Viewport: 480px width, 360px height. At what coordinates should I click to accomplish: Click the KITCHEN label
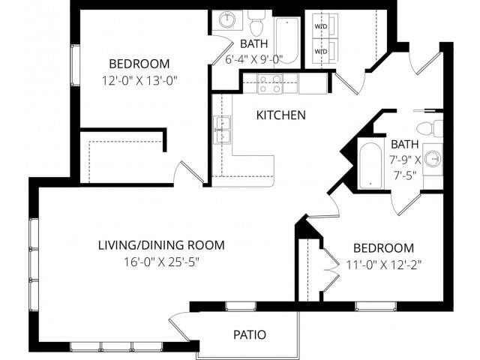coord(281,115)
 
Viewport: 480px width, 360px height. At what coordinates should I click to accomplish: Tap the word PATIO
coord(249,334)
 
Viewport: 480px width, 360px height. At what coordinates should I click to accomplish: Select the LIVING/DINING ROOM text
coord(161,245)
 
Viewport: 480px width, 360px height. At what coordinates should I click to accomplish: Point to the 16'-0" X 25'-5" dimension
coord(161,262)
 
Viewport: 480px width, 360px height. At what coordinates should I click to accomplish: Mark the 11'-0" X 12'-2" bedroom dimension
coord(383,264)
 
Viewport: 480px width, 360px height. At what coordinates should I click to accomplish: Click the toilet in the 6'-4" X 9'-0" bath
coord(257,24)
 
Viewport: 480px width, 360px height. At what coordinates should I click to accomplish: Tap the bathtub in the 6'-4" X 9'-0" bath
coord(286,40)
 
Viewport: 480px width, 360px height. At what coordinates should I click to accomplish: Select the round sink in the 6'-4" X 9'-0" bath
coord(228,19)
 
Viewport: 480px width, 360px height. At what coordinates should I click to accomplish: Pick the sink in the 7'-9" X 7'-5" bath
coord(432,159)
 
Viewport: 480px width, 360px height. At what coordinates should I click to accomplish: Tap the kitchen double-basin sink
coord(222,129)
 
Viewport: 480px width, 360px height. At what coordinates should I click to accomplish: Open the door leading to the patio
coord(180,326)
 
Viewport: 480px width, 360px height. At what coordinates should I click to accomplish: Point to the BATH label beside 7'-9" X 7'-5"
coord(404,144)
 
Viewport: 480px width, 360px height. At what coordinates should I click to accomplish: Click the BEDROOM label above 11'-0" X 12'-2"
coord(383,248)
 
